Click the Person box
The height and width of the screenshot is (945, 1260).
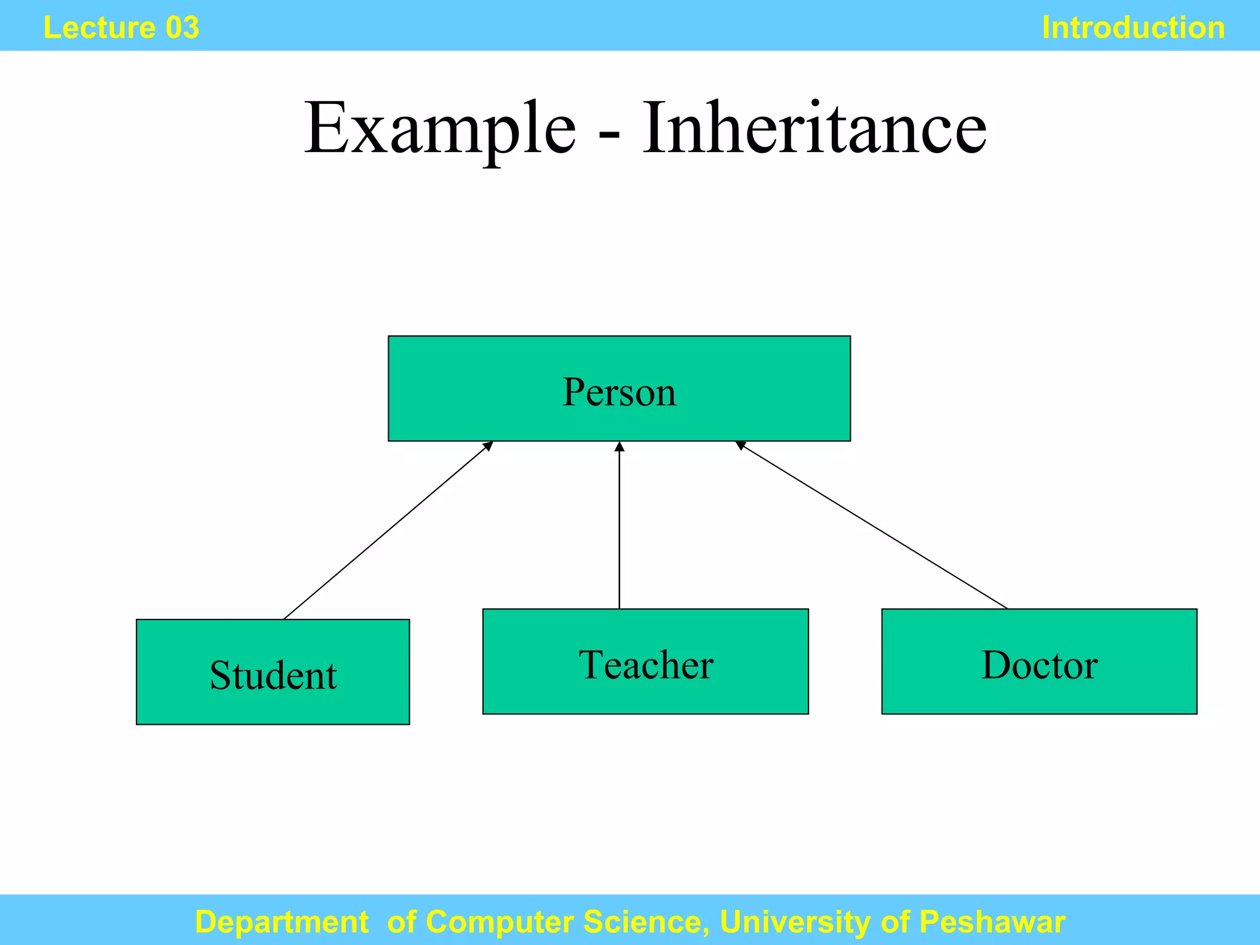point(619,389)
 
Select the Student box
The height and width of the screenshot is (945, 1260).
point(273,672)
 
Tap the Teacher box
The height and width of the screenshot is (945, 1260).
point(645,662)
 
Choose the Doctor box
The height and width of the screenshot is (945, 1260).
point(1039,662)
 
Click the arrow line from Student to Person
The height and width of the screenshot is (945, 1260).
point(388,530)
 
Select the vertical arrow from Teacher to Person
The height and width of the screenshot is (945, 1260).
point(620,529)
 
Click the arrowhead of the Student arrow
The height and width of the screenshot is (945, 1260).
point(488,445)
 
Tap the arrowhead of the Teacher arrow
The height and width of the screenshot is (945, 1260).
point(620,446)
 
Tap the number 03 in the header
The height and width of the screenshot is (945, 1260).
point(182,28)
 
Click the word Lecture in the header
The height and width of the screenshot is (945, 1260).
point(99,28)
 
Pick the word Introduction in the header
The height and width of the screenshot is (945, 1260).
point(1133,28)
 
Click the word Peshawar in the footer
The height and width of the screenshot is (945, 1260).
point(992,922)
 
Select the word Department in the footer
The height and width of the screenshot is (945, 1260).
point(282,922)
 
